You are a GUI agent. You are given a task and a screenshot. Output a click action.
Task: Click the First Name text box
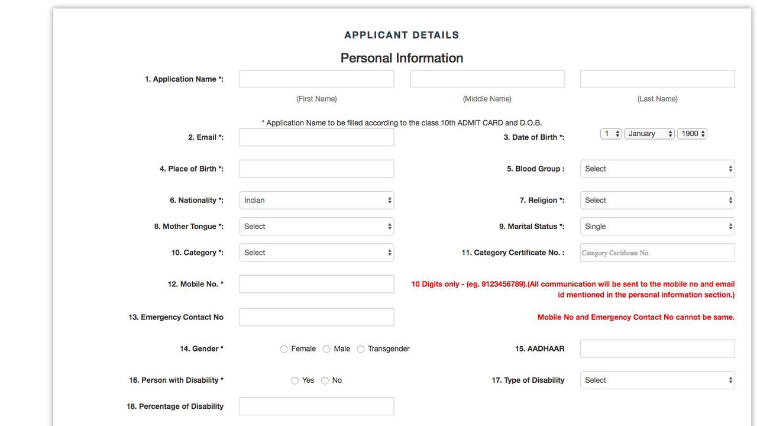point(316,79)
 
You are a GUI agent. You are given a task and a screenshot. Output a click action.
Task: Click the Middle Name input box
point(487,79)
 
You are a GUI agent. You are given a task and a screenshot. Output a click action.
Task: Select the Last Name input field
point(657,79)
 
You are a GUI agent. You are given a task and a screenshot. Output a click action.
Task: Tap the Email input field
point(316,137)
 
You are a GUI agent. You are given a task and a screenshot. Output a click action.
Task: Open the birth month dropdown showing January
point(649,134)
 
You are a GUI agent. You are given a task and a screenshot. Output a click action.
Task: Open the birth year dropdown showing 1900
point(692,134)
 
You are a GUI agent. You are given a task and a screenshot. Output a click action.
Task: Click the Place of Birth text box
point(316,169)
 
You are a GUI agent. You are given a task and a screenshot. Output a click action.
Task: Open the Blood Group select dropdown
point(657,169)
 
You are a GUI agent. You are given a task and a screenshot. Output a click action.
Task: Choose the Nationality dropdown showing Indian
point(316,200)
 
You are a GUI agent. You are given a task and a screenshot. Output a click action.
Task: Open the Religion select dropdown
point(657,200)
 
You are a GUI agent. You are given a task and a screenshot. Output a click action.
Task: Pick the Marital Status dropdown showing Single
point(657,226)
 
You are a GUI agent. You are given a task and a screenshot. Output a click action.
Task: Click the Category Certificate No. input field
point(657,253)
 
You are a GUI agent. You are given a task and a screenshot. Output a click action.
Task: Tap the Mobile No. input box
point(316,284)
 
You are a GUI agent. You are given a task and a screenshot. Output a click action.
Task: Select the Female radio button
point(284,349)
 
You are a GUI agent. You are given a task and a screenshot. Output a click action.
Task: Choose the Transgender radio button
point(361,349)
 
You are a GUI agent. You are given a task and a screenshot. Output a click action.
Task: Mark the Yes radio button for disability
point(295,380)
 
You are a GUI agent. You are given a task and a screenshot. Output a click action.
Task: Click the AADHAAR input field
point(657,348)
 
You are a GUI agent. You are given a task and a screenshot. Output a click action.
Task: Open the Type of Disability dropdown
point(657,380)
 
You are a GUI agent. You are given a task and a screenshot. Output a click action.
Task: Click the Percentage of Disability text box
point(316,406)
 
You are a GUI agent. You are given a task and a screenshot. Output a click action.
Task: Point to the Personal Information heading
point(402,58)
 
